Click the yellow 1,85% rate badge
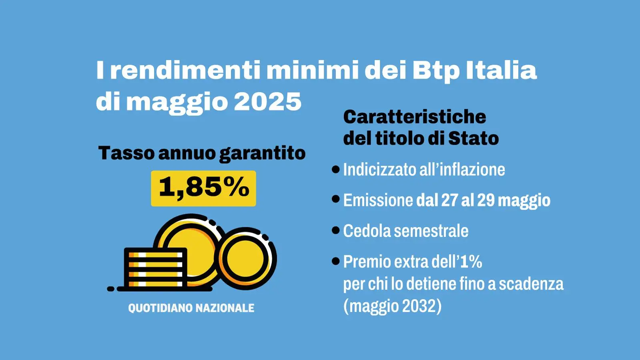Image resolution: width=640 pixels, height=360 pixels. pyautogui.click(x=203, y=188)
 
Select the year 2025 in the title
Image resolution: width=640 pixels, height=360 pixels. pyautogui.click(x=267, y=102)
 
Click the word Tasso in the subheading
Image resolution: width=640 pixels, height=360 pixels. pyautogui.click(x=126, y=153)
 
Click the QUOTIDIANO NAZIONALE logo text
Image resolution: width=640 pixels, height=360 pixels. pyautogui.click(x=191, y=308)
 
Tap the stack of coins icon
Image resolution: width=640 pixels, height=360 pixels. pyautogui.click(x=155, y=268)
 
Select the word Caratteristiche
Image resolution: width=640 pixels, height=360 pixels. pyautogui.click(x=415, y=117)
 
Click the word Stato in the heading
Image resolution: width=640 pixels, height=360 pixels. pyautogui.click(x=473, y=138)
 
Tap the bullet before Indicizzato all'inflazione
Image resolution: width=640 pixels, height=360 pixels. pyautogui.click(x=336, y=169)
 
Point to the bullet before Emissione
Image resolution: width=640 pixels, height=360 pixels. pyautogui.click(x=336, y=199)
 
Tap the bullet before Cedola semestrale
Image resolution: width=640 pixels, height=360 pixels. pyautogui.click(x=336, y=230)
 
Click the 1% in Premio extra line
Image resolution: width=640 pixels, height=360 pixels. pyautogui.click(x=471, y=262)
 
